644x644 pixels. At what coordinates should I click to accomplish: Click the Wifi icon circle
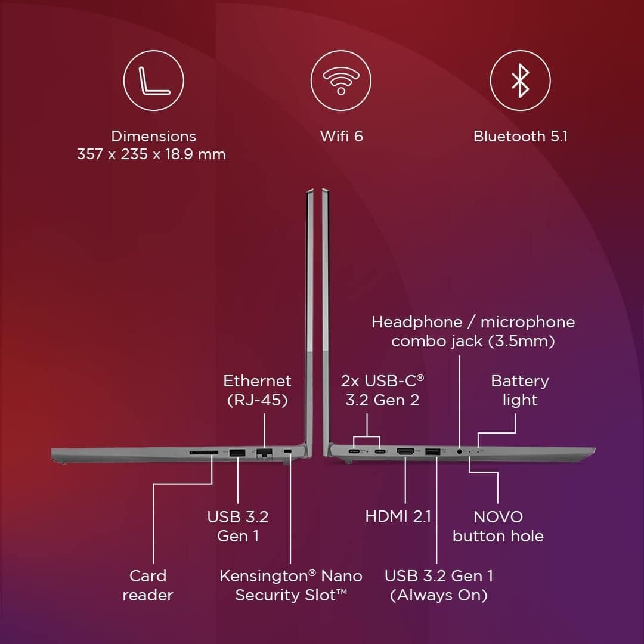[x=340, y=80]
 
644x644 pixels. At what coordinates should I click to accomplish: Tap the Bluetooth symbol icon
[x=520, y=80]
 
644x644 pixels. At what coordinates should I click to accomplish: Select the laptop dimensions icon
[x=153, y=80]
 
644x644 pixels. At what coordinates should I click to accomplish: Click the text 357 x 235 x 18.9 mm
[x=151, y=154]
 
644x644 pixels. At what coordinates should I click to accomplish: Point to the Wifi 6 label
[x=341, y=136]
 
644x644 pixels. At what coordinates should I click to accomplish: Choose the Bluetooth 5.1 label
[x=520, y=136]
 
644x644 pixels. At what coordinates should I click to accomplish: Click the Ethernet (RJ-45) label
[x=258, y=391]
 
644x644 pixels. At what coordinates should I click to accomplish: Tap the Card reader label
[x=148, y=586]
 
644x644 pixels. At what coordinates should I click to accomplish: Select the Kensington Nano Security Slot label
[x=291, y=586]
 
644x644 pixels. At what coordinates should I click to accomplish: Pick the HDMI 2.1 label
[x=398, y=516]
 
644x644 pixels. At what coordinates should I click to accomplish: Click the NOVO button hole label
[x=498, y=526]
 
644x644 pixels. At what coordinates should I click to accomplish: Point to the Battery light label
[x=519, y=391]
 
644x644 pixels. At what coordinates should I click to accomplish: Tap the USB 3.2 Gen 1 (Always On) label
[x=439, y=586]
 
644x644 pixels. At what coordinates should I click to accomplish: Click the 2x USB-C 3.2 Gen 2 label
[x=382, y=391]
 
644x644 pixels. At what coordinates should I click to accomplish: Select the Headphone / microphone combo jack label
[x=473, y=332]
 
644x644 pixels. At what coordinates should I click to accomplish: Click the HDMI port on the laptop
[x=406, y=453]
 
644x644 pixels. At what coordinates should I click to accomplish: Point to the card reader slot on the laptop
[x=203, y=453]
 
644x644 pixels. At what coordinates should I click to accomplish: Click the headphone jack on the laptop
[x=460, y=452]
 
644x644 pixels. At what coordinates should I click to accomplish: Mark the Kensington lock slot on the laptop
[x=289, y=451]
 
